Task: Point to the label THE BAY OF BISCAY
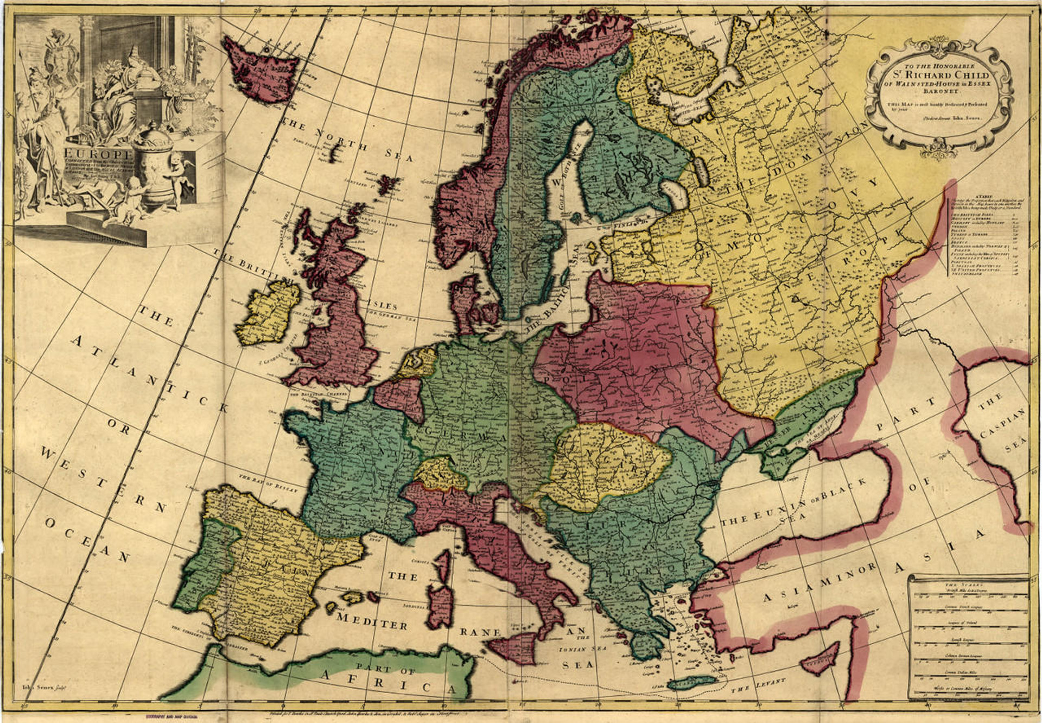coord(268,483)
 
